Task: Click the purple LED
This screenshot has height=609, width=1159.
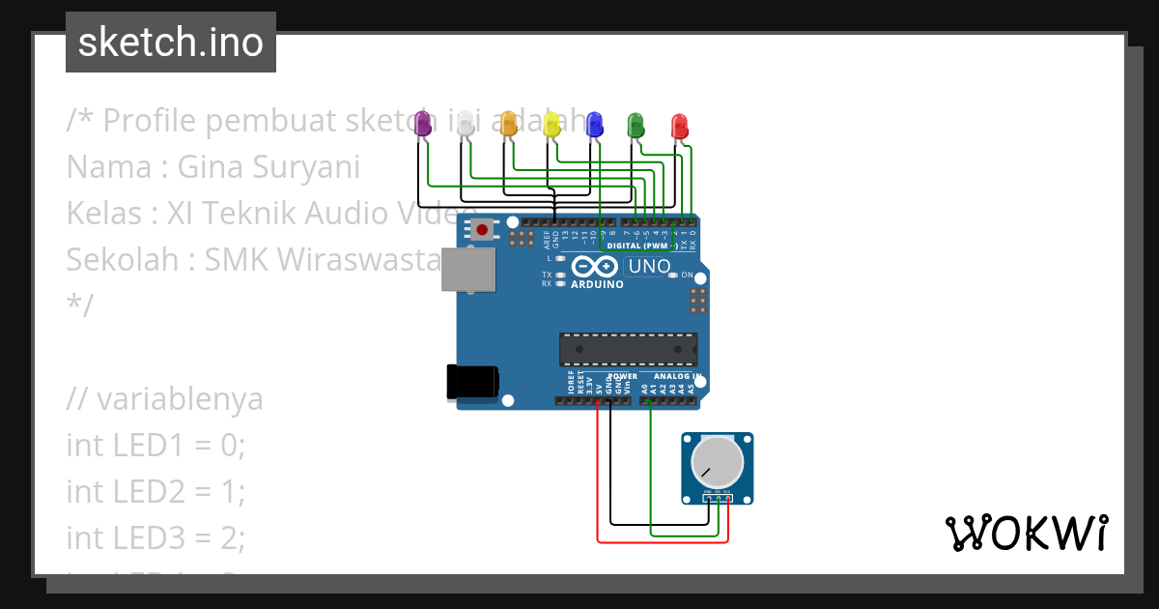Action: point(422,123)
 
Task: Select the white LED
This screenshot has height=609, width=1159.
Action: point(466,123)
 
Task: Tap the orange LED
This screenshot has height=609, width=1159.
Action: point(508,123)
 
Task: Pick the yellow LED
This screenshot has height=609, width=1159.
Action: point(551,123)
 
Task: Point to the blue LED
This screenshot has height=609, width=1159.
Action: point(594,123)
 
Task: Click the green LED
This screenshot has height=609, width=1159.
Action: point(636,124)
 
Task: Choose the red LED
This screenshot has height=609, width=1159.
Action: point(679,126)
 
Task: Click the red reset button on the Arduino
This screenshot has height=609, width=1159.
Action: point(481,230)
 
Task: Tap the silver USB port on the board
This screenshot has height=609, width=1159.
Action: point(467,270)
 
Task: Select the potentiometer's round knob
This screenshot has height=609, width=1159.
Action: point(717,462)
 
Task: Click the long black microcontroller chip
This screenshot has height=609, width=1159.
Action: point(628,349)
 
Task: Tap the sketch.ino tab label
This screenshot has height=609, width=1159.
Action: point(171,43)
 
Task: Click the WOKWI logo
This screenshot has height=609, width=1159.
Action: point(1026,533)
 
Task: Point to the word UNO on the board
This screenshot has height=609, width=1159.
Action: point(649,266)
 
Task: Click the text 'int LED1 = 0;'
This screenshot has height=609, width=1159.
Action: point(156,446)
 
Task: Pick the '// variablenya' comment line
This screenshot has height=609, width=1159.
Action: point(164,399)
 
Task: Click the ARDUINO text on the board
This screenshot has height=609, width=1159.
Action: point(597,284)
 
